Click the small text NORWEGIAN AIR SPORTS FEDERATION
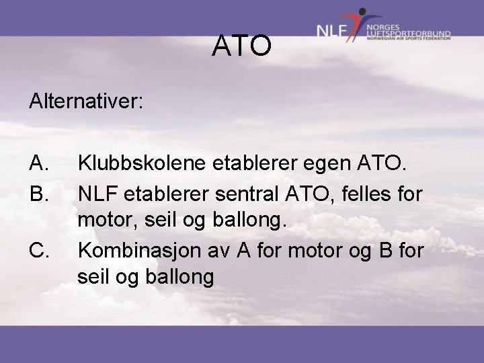tap(409, 38)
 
